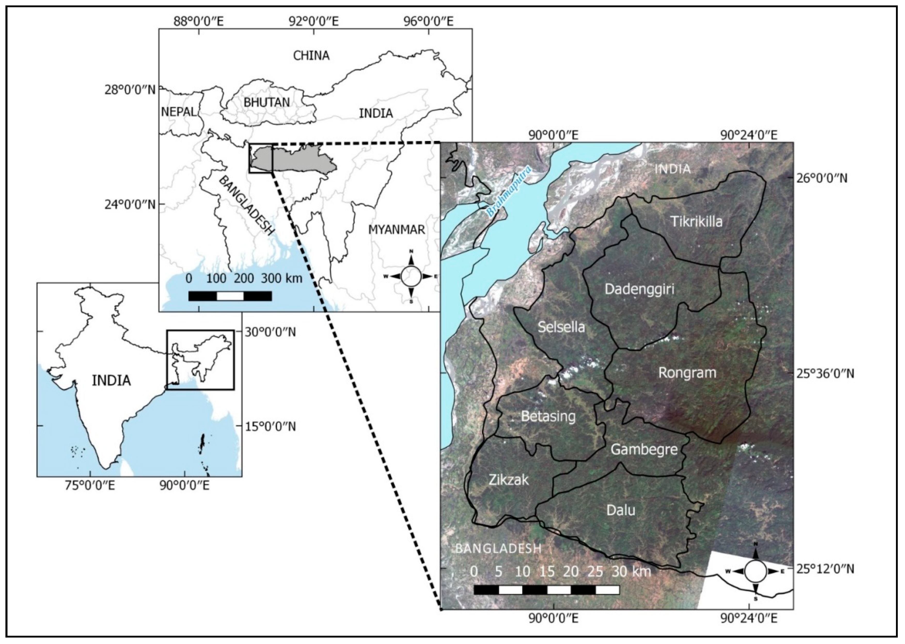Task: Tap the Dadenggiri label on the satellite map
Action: coord(639,290)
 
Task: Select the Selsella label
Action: coord(561,327)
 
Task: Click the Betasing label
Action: coord(548,416)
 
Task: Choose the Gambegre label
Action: coord(644,449)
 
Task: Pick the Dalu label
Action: coord(621,510)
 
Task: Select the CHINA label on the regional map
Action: coord(311,55)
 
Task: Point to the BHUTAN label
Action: coord(266,102)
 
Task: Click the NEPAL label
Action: coord(178,112)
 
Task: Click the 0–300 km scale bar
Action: coord(230,296)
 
